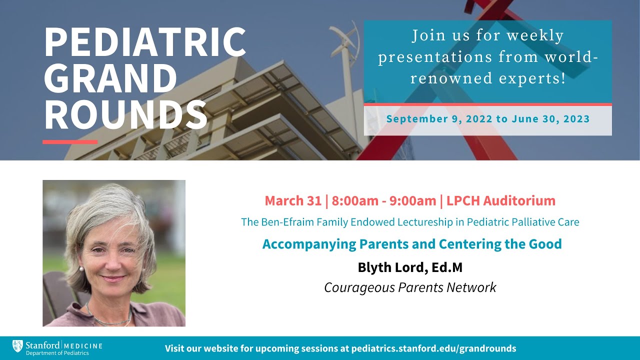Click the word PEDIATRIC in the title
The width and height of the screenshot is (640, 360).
click(145, 42)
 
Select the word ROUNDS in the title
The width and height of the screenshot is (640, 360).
click(125, 115)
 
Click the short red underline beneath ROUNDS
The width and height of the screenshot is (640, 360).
click(70, 142)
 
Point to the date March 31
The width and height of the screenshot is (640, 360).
click(293, 201)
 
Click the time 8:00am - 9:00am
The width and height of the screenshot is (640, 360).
click(383, 201)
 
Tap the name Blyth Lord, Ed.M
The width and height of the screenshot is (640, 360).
click(410, 267)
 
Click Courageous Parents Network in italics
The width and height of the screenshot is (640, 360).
click(410, 287)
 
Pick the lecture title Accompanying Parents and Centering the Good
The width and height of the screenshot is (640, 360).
click(412, 244)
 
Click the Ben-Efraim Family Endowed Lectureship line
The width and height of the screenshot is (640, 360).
click(410, 222)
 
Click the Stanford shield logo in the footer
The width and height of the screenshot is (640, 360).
click(17, 345)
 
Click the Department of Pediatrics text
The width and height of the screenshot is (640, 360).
click(50, 353)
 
